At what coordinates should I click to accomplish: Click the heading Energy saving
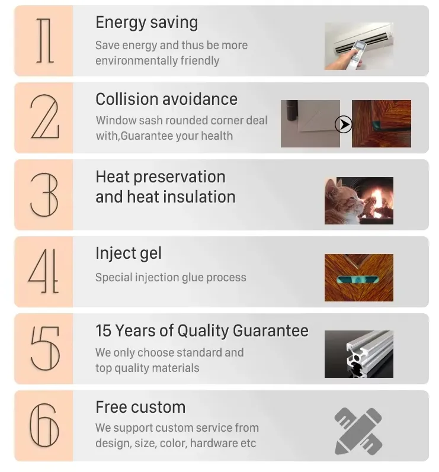pyautogui.click(x=147, y=23)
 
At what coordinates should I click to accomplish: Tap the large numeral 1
pyautogui.click(x=45, y=41)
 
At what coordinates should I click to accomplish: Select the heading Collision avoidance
pyautogui.click(x=166, y=99)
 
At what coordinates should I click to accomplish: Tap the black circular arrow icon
pyautogui.click(x=343, y=124)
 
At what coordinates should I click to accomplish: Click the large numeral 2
pyautogui.click(x=45, y=117)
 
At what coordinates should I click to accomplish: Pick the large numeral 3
pyautogui.click(x=44, y=195)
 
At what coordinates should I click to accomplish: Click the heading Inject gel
pyautogui.click(x=129, y=253)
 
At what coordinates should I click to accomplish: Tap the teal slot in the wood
pyautogui.click(x=358, y=280)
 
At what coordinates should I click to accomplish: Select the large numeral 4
pyautogui.click(x=44, y=271)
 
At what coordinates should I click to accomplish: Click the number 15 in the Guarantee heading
pyautogui.click(x=104, y=330)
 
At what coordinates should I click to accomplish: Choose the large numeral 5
pyautogui.click(x=45, y=349)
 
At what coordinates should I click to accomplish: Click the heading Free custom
pyautogui.click(x=140, y=407)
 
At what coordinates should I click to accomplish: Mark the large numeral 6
pyautogui.click(x=44, y=425)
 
